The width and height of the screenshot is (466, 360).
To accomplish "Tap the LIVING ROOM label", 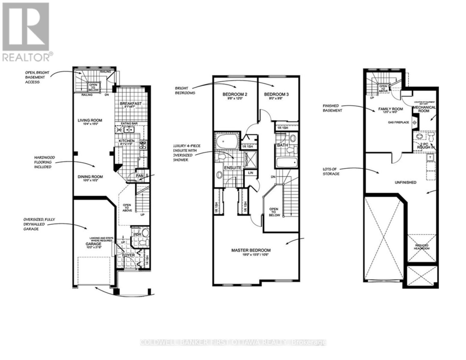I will (90, 120).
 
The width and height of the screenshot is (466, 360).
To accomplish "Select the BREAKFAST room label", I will (131, 104).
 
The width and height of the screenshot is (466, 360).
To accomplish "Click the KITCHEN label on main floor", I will (126, 141).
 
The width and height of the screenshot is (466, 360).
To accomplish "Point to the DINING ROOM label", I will (89, 177).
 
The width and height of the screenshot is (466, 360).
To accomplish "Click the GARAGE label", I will (93, 244).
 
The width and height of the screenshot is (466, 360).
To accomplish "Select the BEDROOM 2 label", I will (235, 94).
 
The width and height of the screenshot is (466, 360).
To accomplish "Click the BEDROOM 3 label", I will (276, 94).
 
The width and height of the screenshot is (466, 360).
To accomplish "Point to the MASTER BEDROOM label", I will (251, 250).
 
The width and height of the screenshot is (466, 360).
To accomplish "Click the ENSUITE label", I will (233, 168).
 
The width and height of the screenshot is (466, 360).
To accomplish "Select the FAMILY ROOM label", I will (390, 109).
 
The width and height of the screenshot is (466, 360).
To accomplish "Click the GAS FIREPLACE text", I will (398, 122).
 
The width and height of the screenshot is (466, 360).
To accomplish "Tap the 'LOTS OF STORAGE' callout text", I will (331, 172).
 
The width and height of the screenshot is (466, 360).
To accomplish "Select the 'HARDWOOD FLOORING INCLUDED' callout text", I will (42, 162).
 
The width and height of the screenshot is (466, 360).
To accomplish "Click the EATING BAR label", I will (129, 123).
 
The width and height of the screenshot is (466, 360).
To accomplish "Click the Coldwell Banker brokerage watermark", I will (233, 342).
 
